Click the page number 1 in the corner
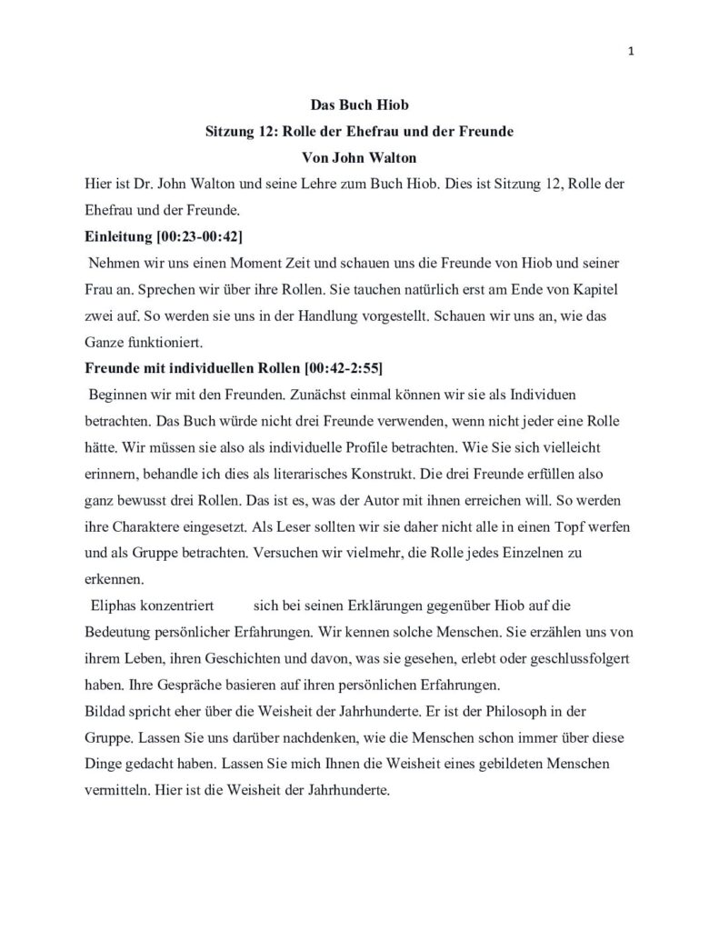pos(630,52)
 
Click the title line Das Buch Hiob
pos(359,105)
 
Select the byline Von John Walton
pos(359,156)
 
